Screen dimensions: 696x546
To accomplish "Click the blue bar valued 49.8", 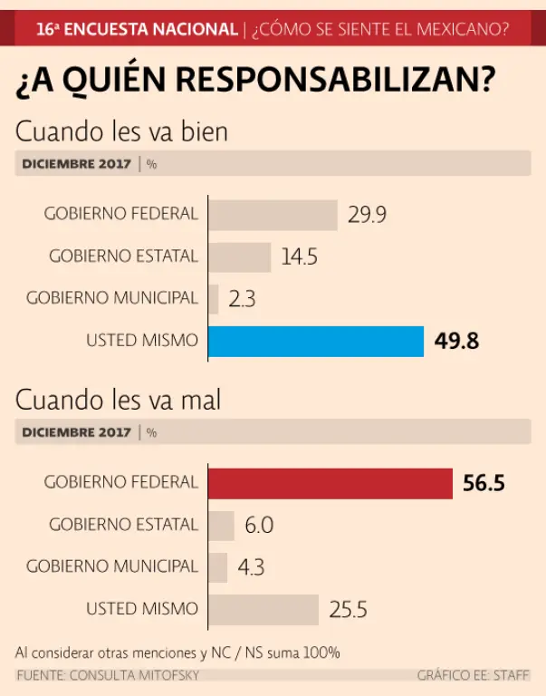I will coord(316,342).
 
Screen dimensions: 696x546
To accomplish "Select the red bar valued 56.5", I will coord(330,483).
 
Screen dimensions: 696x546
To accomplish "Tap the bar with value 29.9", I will coord(273,215).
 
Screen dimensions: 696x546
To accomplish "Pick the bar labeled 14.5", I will coord(240,256).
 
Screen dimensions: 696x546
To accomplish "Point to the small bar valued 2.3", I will coord(215,298).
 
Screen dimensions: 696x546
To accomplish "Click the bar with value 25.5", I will coord(263,609).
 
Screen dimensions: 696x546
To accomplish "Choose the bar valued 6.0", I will coord(222,525).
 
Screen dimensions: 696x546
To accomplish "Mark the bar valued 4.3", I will coord(218,567).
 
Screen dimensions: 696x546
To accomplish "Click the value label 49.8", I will coord(456,342).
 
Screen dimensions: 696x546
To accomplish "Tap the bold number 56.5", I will coord(484,483).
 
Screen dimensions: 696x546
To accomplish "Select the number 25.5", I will coord(348,609).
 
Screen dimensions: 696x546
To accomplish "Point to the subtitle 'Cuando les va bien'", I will coord(121,131).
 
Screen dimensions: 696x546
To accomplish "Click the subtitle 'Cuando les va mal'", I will coord(118,400).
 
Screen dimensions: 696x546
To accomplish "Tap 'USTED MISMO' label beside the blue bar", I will coord(141,341).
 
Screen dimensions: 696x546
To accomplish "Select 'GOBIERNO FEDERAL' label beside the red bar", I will coord(120,482).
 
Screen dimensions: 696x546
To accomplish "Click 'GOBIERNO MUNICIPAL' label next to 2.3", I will coord(111,298).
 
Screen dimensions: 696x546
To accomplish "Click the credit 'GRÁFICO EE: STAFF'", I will coord(474,676).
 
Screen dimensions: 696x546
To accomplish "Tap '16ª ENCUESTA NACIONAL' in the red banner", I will coord(136,29).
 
